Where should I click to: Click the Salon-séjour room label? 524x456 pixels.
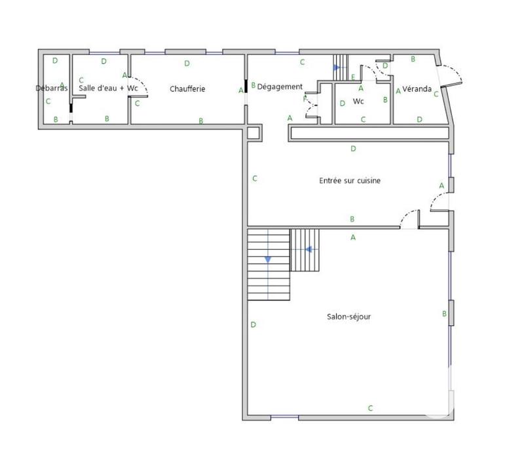(x=349, y=317)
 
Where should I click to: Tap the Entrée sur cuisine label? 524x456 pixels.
(x=350, y=181)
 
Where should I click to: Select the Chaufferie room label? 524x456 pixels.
(x=187, y=88)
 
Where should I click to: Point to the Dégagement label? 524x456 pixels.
(x=280, y=86)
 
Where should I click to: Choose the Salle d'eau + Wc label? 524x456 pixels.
(x=108, y=88)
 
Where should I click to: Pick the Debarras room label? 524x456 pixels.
(x=52, y=88)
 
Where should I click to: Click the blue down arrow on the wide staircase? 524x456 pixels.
(x=268, y=260)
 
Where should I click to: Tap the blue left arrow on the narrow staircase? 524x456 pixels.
(x=309, y=249)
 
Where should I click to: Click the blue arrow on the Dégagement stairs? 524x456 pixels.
(x=337, y=67)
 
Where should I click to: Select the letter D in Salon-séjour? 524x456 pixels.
(x=253, y=324)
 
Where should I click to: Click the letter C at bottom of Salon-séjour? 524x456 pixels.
(x=370, y=408)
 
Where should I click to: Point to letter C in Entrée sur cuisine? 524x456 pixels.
(x=254, y=178)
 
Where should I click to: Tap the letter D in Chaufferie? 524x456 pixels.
(x=187, y=63)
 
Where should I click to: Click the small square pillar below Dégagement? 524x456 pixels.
(x=253, y=133)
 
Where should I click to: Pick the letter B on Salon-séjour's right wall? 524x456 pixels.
(x=444, y=315)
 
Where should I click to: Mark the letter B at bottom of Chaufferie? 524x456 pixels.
(x=201, y=120)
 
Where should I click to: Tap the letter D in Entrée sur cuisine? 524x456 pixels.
(x=353, y=149)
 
